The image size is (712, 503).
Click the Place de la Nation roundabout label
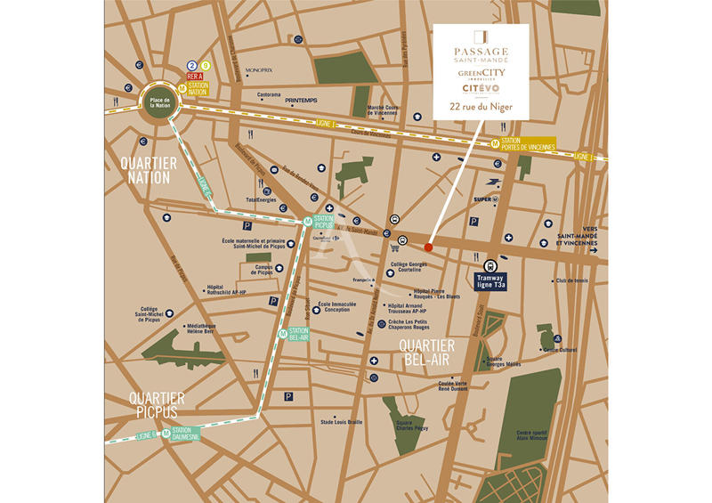[160, 101]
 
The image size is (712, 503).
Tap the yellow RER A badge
[198, 77]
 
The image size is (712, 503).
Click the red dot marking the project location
[428, 247]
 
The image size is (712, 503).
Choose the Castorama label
[269, 94]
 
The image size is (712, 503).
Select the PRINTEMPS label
[301, 101]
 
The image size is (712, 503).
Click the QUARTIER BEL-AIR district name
[426, 351]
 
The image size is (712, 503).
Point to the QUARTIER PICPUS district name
[156, 404]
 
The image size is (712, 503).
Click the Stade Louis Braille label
[341, 421]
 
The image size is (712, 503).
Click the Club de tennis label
[570, 280]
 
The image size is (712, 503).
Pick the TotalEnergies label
[262, 200]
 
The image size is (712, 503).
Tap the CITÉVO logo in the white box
[480, 89]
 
